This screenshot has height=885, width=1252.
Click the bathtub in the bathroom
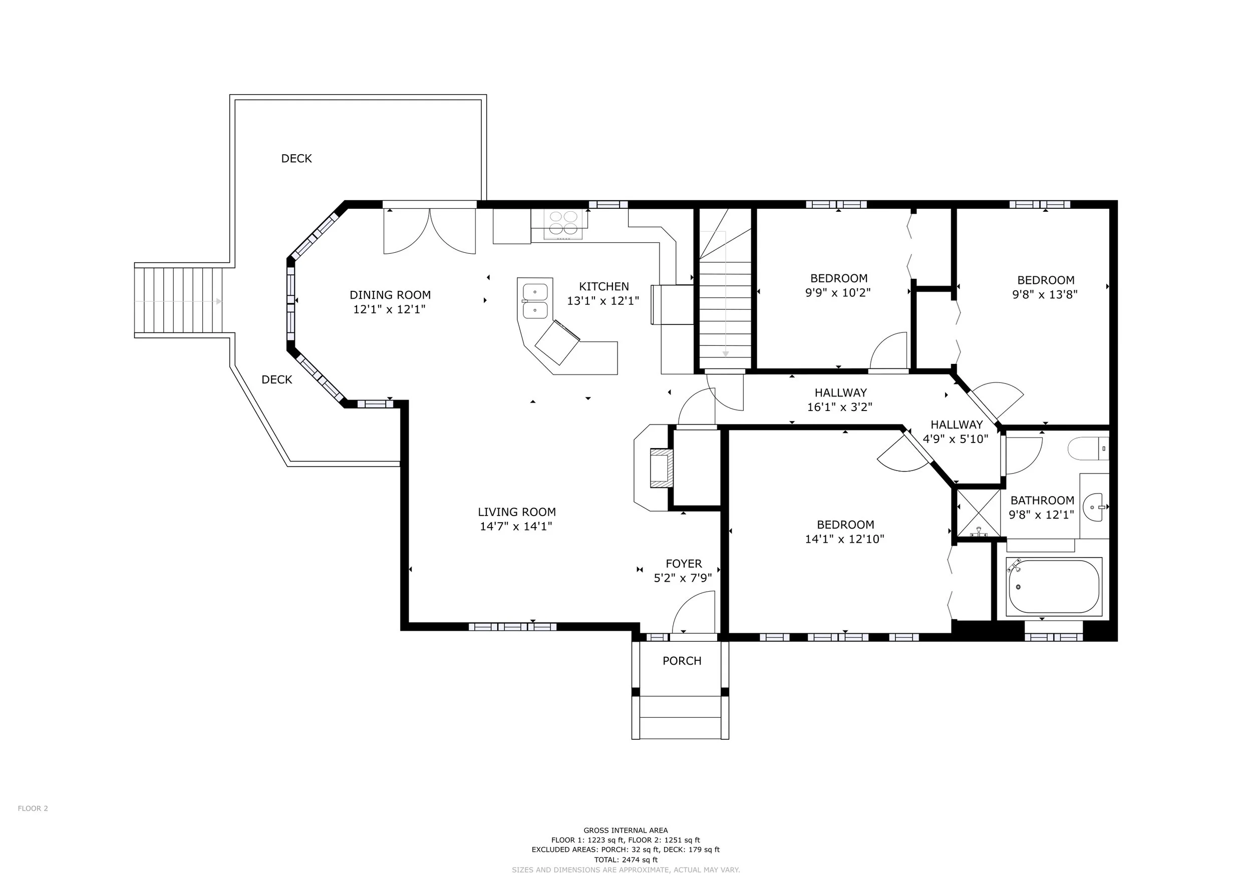tap(1054, 587)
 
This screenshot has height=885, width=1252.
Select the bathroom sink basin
tap(1093, 507)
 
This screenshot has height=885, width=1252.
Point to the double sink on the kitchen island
tap(535, 301)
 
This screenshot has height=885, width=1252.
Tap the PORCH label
tap(682, 661)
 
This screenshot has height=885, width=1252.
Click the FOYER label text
tap(684, 564)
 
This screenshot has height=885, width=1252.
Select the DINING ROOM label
tap(390, 295)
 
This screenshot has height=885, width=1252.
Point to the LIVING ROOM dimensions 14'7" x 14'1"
tap(516, 527)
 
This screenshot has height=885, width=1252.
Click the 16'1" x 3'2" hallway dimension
tap(840, 407)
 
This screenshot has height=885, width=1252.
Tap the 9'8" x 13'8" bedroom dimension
tap(1045, 295)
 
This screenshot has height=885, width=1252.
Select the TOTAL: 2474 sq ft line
tap(626, 860)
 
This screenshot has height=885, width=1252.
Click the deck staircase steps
tap(179, 300)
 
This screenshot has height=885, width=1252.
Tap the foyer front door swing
tap(694, 612)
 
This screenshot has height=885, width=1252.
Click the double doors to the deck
tap(430, 231)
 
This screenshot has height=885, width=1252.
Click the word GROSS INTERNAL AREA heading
tap(626, 830)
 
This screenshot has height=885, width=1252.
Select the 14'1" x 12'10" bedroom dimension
tap(845, 540)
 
